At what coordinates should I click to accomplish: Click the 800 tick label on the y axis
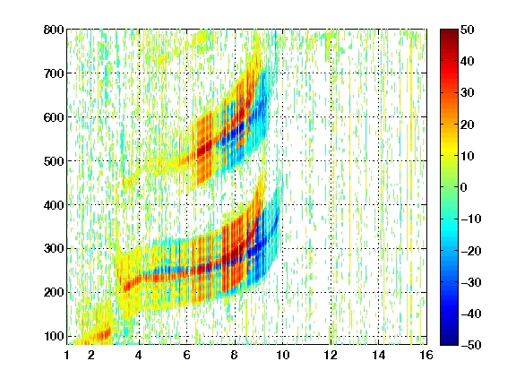coord(54,30)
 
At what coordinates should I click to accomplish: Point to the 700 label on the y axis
coord(54,73)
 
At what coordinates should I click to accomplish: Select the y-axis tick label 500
coord(54,161)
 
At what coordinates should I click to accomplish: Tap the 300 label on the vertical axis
coord(54,249)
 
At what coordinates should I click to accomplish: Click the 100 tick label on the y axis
coord(54,336)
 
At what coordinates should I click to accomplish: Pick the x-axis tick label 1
coord(67,355)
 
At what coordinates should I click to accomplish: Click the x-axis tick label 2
coord(91,355)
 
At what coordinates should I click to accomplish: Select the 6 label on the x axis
coord(187,355)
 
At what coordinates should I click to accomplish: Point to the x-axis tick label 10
coord(283,355)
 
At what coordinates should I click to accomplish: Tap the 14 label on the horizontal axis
coord(379,355)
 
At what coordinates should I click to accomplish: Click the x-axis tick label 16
coord(426,355)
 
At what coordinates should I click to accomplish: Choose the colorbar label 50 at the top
coord(468,30)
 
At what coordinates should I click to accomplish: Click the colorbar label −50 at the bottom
coord(471,345)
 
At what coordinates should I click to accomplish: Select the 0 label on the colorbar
coord(463,187)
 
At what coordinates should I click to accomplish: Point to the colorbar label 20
coord(468,125)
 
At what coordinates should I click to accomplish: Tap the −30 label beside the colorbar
coord(471,282)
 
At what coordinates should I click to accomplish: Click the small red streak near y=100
coord(100,335)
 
